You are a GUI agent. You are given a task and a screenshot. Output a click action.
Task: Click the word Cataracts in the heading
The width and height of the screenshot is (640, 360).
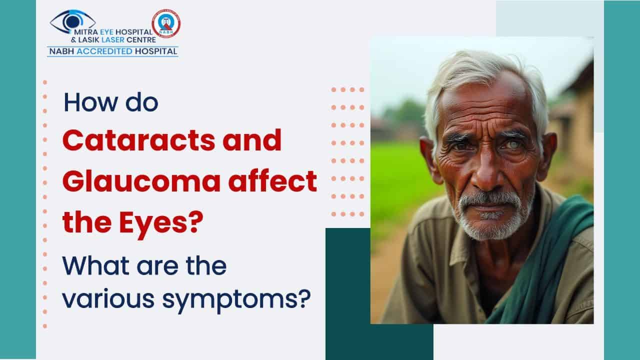(x=139, y=140)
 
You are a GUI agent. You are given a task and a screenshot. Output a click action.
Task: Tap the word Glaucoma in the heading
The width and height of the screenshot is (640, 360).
(x=141, y=181)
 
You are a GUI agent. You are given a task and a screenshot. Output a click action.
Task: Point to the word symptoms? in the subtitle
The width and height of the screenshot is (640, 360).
(x=236, y=299)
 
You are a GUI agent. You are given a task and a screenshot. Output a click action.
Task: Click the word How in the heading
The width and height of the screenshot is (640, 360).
(x=91, y=102)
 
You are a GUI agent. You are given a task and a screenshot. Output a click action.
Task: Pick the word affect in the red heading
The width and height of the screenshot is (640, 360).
(x=273, y=180)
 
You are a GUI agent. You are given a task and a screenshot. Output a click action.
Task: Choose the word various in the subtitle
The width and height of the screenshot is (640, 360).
(x=108, y=299)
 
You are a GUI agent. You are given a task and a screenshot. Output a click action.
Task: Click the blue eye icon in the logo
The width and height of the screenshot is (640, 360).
(x=72, y=21)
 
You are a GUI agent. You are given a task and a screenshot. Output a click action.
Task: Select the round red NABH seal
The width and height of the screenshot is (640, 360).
(x=166, y=23)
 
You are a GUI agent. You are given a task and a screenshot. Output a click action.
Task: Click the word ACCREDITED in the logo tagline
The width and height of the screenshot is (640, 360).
(x=104, y=51)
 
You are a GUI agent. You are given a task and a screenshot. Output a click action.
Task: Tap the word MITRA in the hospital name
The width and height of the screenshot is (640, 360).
(x=85, y=32)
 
